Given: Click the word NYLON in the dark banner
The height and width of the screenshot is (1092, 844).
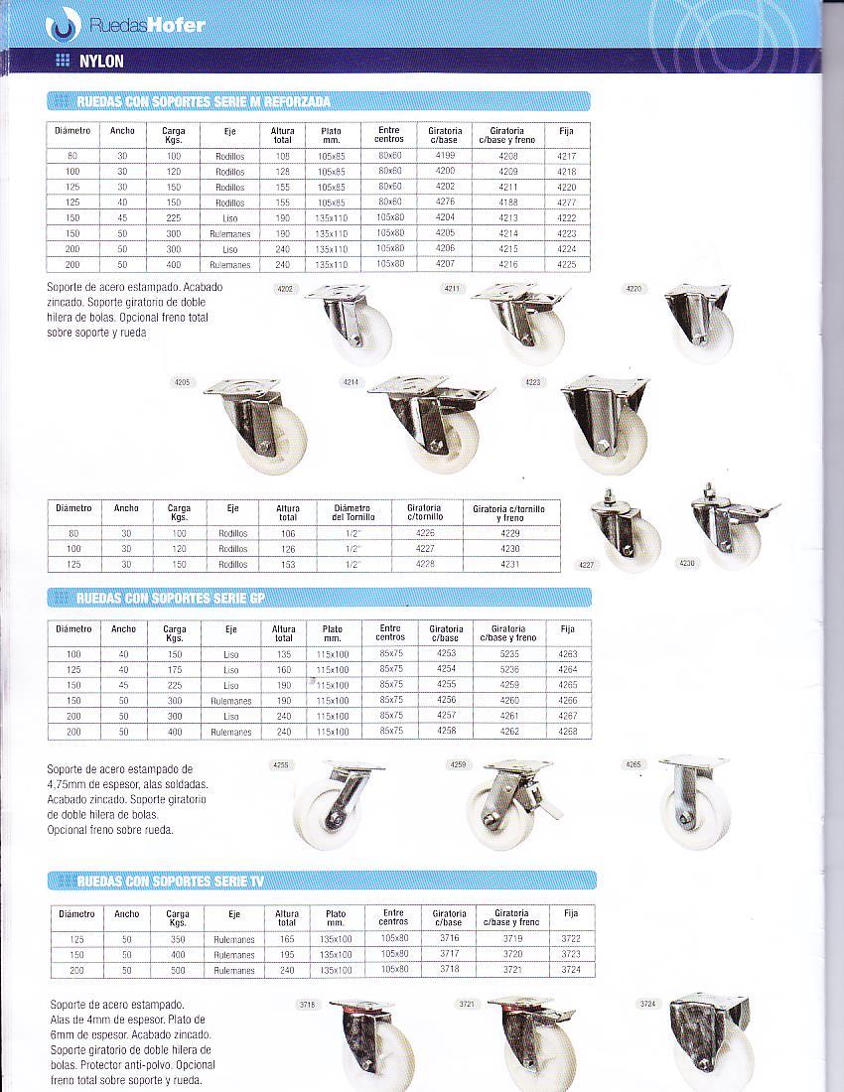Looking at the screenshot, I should point(102,62).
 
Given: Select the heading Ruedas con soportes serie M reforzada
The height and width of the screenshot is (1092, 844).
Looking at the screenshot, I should point(204,101).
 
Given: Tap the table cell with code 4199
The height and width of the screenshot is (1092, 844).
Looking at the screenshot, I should point(445,157).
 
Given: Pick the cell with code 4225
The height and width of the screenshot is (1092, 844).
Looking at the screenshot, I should point(566,265).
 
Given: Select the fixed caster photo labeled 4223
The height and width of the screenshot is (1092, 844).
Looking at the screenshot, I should point(605,424).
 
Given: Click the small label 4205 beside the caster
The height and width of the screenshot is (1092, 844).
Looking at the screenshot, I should point(182,382).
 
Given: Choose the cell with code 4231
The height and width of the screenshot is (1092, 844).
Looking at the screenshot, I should point(511,564).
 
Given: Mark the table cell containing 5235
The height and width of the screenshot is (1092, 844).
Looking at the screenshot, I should point(508,654).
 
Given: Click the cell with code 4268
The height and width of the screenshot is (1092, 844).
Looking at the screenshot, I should point(568,732).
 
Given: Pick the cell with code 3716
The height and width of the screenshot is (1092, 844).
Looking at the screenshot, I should point(449,938).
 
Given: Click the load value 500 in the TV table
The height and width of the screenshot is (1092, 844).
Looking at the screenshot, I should point(177,970).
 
